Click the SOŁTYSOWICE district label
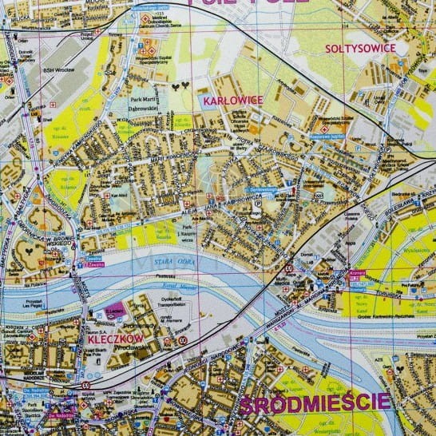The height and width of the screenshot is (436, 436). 360,48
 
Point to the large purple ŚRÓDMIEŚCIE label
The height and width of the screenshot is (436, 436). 314,402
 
